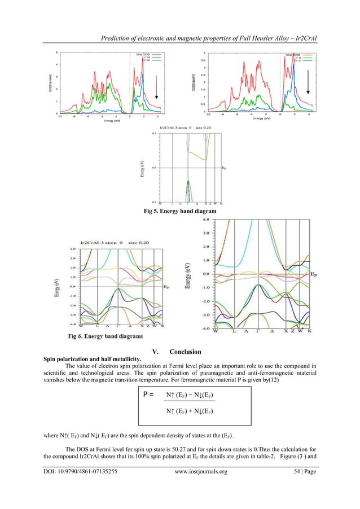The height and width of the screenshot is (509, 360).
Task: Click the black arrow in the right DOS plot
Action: coord(308,83)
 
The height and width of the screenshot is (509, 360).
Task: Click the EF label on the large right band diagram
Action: coord(313,274)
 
